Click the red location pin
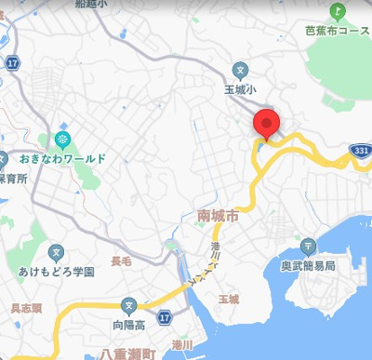[x=267, y=124]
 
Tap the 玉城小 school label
[x=240, y=90]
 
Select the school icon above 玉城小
[x=240, y=70]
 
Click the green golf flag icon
[x=338, y=11]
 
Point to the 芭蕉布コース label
[x=337, y=30]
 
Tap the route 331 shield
[x=360, y=149]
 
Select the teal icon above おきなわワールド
[x=62, y=140]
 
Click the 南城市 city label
[x=219, y=216]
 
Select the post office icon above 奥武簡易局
[x=309, y=247]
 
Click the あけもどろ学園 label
[x=57, y=272]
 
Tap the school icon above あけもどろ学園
[x=57, y=252]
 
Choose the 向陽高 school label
[x=128, y=326]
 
